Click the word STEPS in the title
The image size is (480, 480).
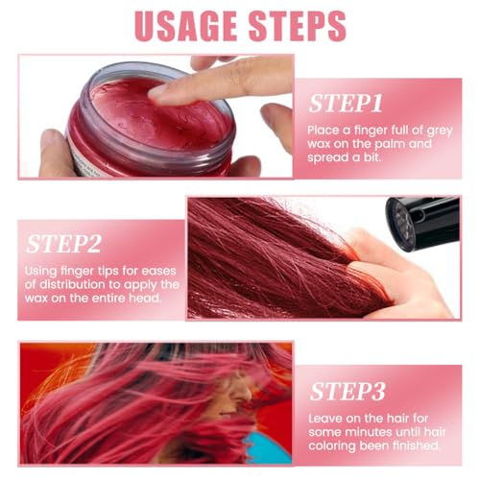click(x=298, y=26)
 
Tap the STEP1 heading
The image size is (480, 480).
click(x=346, y=104)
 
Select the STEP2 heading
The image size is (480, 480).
click(x=63, y=244)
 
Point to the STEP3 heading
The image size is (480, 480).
click(x=348, y=392)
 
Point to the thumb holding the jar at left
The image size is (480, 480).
click(x=53, y=152)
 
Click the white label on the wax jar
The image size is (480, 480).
click(x=85, y=163)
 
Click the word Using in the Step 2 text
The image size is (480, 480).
click(x=40, y=272)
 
